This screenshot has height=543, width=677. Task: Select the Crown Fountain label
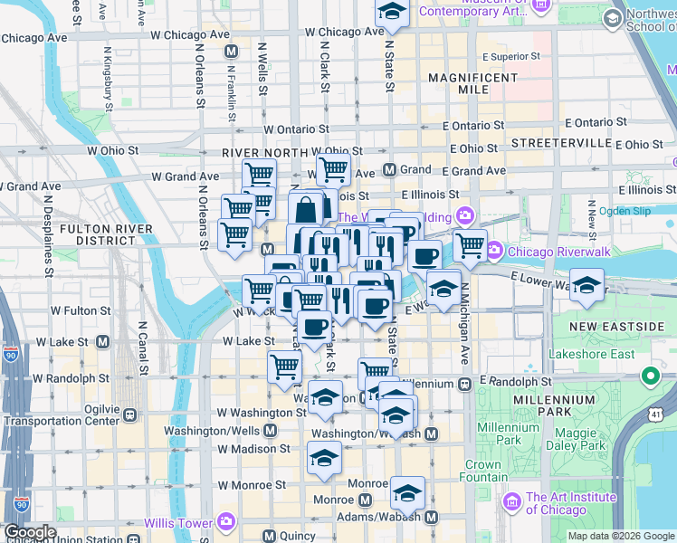483,471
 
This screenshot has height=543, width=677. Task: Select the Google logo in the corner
29,532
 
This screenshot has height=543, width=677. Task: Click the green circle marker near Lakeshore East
650,375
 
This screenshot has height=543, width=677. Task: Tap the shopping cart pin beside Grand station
333,168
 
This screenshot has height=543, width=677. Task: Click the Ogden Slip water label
625,210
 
